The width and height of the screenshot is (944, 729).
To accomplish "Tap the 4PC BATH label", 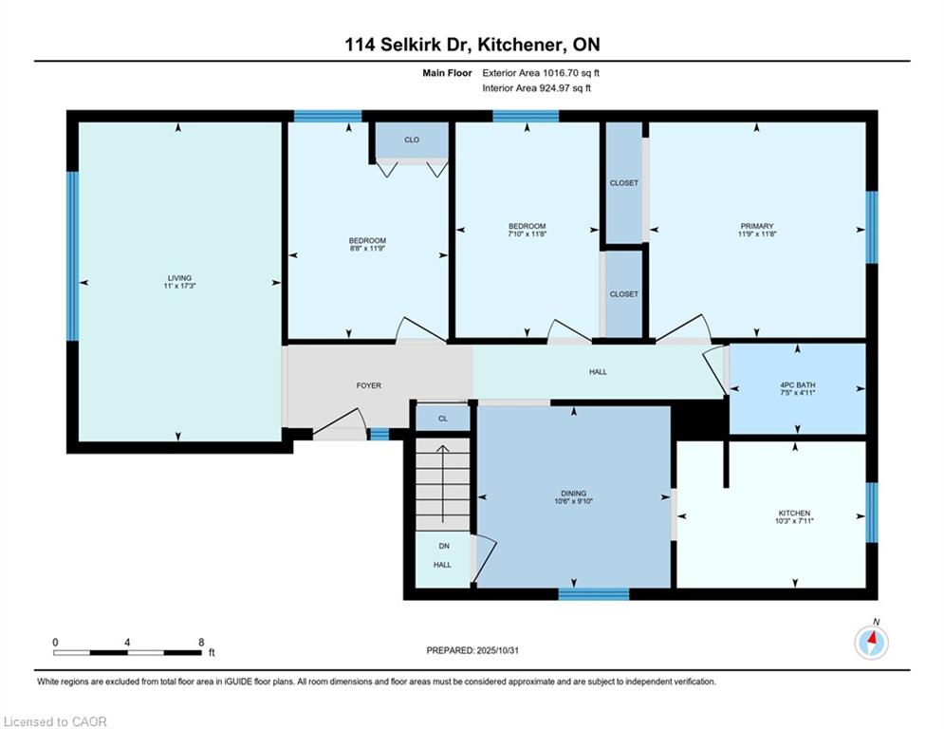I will [796, 385].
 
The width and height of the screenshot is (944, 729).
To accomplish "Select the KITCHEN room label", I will [795, 514].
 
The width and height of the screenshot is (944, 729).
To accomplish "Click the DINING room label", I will [573, 494].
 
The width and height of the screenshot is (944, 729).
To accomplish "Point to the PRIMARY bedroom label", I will [757, 226].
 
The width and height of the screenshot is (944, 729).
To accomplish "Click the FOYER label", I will [368, 385].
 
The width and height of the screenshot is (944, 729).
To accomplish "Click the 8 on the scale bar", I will [201, 642].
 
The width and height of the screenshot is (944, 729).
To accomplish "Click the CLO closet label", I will [412, 140].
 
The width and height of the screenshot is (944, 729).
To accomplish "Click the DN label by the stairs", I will [443, 546].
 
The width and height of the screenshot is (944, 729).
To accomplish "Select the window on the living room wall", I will [71, 254].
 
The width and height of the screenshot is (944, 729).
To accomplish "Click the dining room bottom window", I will [593, 594].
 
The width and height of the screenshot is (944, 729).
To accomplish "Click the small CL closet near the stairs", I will [443, 418].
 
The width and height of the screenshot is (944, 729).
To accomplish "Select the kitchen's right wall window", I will [872, 513].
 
